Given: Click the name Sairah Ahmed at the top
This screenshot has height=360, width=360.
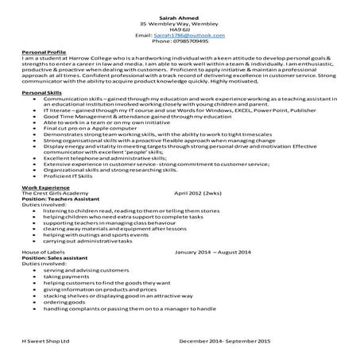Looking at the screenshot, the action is click(x=180, y=15).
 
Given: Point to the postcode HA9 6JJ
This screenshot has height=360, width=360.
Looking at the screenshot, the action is click(x=180, y=29).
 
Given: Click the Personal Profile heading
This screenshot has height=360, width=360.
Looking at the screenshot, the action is click(x=45, y=52).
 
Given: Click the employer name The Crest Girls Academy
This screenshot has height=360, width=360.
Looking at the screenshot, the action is click(x=56, y=215).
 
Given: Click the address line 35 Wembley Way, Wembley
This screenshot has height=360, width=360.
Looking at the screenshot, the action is click(x=180, y=23).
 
